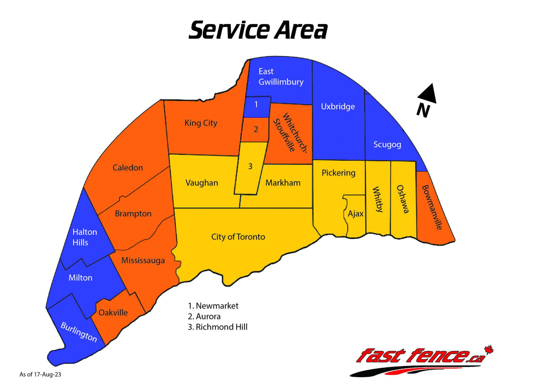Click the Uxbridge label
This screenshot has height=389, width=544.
click(x=338, y=107)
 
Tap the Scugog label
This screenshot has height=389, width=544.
click(x=387, y=145)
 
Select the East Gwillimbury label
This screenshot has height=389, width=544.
click(x=281, y=77)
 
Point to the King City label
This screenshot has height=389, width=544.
click(x=201, y=123)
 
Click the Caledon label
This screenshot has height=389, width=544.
click(x=128, y=168)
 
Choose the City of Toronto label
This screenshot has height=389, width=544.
click(x=238, y=237)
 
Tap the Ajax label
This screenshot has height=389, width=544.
click(x=355, y=214)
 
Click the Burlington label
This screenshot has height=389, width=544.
click(x=79, y=332)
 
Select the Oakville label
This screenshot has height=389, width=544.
click(x=113, y=312)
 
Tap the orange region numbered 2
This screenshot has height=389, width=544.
click(x=256, y=129)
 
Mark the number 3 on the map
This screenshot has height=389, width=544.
click(x=250, y=166)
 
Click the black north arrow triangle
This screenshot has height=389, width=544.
click(x=428, y=94)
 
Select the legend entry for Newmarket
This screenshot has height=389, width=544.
click(x=213, y=306)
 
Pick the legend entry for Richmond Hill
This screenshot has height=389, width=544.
click(x=218, y=327)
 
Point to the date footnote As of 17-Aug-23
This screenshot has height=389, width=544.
click(x=40, y=374)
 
